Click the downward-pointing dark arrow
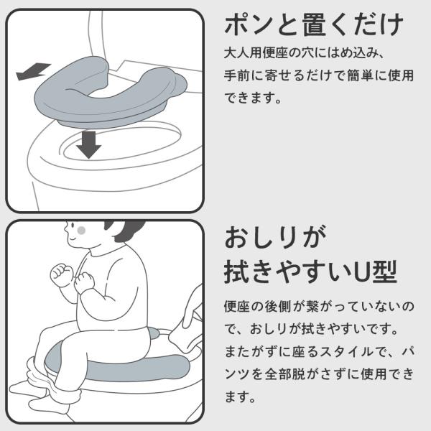[x=88, y=144]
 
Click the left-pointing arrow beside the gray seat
[x=34, y=71]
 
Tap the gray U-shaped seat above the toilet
[x=110, y=92]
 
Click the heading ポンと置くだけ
[x=314, y=24]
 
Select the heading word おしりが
[x=276, y=237]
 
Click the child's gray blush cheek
[x=81, y=231]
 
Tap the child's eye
[x=73, y=226]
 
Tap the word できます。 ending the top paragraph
[x=253, y=98]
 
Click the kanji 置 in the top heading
[x=315, y=24]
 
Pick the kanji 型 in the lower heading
[x=385, y=272]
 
